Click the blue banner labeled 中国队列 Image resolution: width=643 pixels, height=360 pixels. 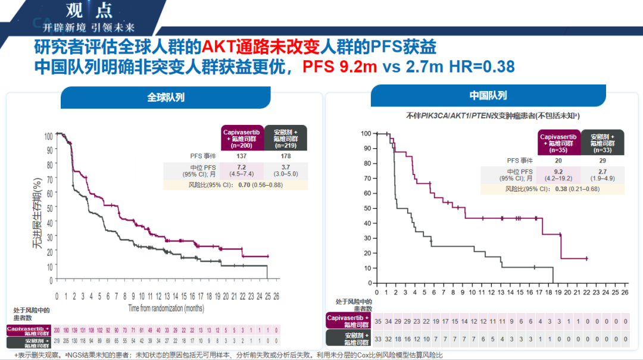(x=488, y=96)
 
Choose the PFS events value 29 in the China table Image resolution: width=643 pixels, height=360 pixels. (x=603, y=160)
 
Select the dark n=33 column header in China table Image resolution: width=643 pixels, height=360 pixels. (x=603, y=143)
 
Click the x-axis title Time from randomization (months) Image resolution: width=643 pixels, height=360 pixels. (x=166, y=308)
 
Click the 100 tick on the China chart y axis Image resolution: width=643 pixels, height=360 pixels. (x=366, y=133)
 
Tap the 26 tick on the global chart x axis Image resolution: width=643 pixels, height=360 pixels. (x=276, y=296)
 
